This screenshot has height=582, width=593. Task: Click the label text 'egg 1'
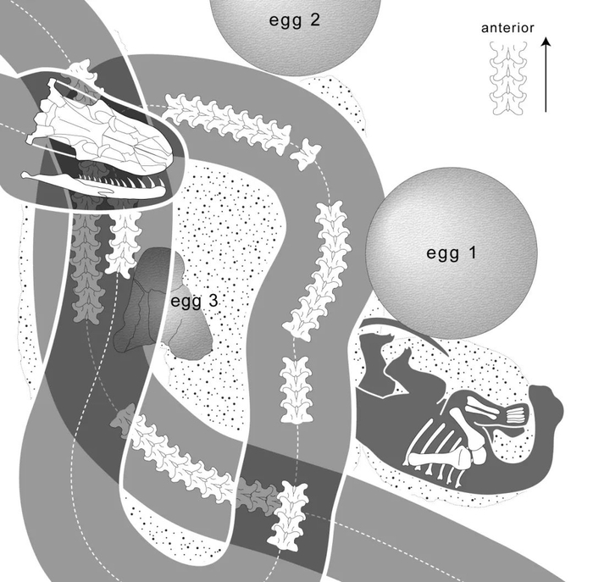(x=452, y=252)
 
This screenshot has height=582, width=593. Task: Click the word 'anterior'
(x=507, y=28)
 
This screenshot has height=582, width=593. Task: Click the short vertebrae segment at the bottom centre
(x=288, y=513)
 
